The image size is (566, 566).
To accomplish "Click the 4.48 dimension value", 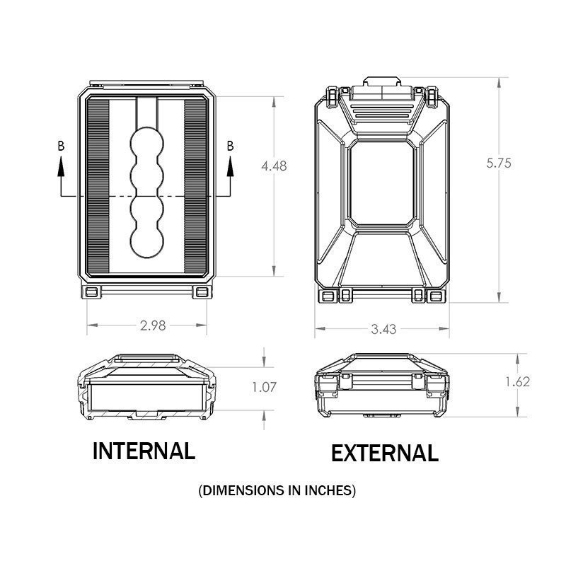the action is (274, 166).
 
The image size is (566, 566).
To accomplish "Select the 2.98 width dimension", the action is (153, 325).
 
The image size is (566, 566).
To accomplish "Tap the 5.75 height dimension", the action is (499, 163).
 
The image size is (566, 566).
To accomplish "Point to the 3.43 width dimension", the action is (383, 329).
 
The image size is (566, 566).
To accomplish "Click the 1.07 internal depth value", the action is (264, 387).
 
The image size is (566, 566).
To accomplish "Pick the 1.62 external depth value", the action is (517, 381).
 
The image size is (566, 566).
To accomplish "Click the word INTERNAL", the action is (144, 451).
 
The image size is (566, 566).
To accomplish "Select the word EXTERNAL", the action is (385, 453).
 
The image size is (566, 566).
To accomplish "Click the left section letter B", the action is (61, 146).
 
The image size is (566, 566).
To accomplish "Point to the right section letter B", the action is (230, 146).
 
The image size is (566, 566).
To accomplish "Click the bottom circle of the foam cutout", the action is (147, 241).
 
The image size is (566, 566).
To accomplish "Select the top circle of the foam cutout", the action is (147, 143).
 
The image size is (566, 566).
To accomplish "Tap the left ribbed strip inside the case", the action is (98, 186).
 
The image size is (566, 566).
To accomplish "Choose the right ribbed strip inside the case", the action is (196, 186).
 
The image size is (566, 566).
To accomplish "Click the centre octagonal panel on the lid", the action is (382, 183).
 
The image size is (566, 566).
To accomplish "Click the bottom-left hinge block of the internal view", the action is (92, 292).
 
